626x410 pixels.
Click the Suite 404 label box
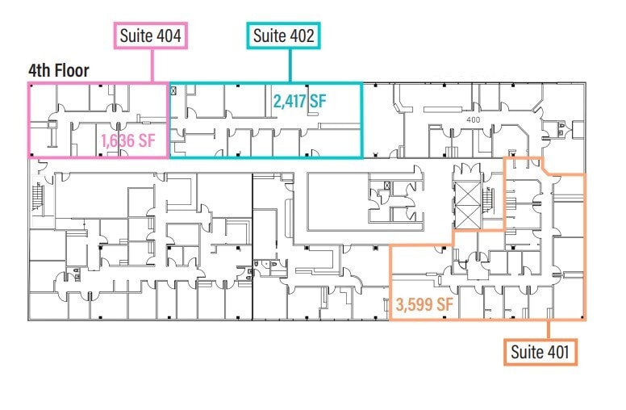(x=150, y=36)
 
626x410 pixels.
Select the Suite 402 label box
(x=283, y=36)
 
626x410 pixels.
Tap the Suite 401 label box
(x=540, y=352)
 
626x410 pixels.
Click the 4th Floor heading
(x=58, y=69)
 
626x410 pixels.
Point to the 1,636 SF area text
(x=127, y=141)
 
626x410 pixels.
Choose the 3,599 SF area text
(x=424, y=306)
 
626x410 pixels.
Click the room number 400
(x=474, y=119)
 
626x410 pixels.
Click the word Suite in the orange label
(x=527, y=352)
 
